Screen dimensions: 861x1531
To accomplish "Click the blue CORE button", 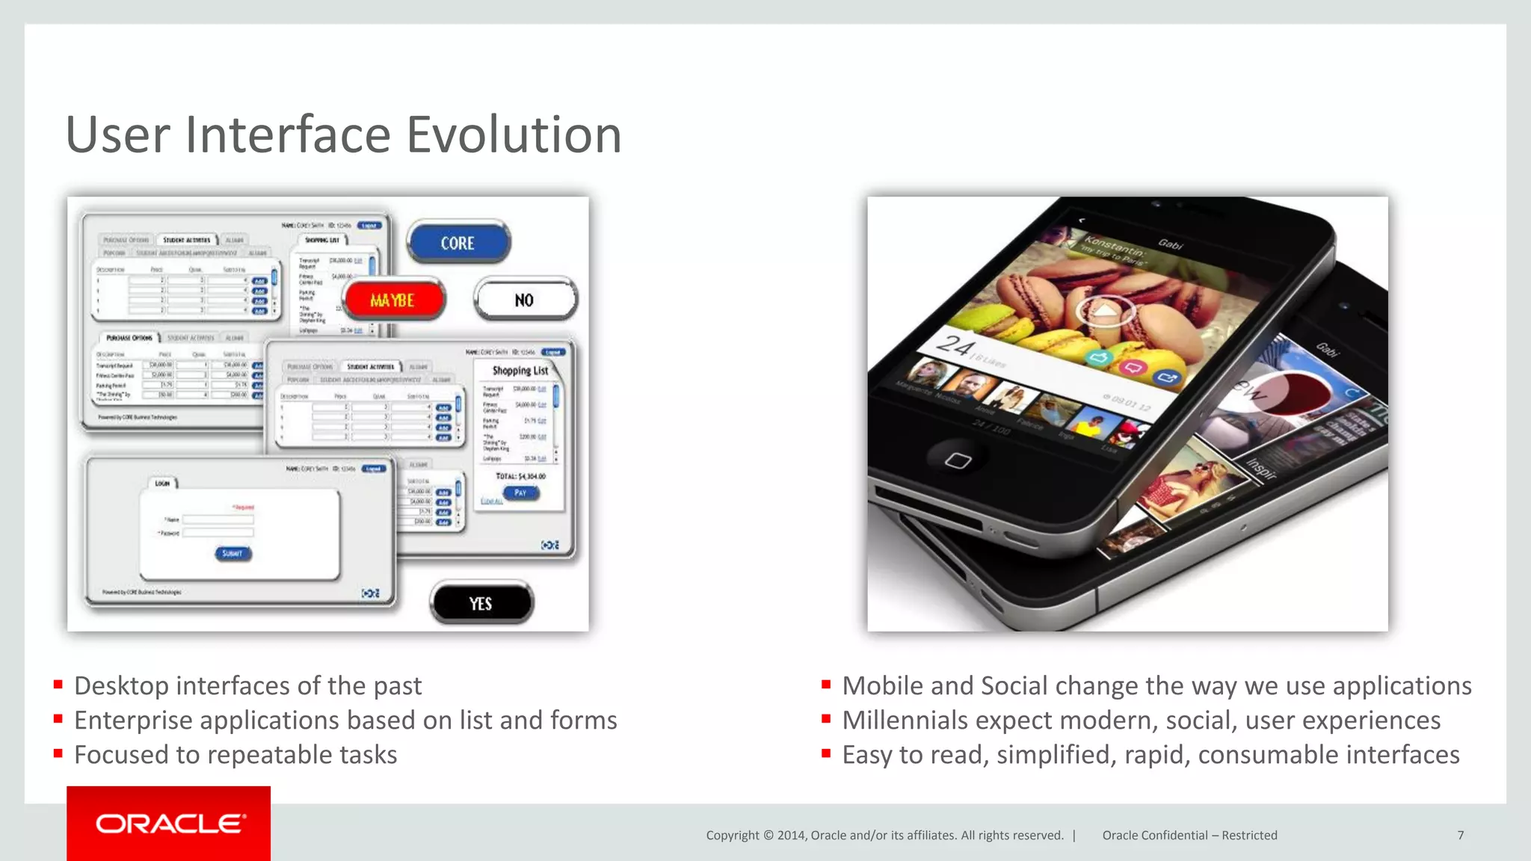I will point(458,243).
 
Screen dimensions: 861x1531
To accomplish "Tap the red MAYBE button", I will point(392,300).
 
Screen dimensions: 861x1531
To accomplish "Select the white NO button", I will point(525,300).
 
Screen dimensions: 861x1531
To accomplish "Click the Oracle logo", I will point(169,824).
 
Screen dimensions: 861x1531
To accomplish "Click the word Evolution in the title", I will point(514,135).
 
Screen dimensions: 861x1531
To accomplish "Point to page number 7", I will point(1460,835).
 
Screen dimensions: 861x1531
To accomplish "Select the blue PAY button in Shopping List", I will point(520,493).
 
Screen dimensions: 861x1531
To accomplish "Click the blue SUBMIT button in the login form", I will point(232,553).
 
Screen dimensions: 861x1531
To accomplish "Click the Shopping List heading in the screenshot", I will point(520,370).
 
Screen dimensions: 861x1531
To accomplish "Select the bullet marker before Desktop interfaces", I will point(58,685).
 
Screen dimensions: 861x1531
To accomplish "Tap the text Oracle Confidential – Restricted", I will point(1189,835).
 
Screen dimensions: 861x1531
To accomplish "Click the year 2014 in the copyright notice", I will point(792,835).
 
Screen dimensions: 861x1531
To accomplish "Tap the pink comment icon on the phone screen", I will point(1133,367).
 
